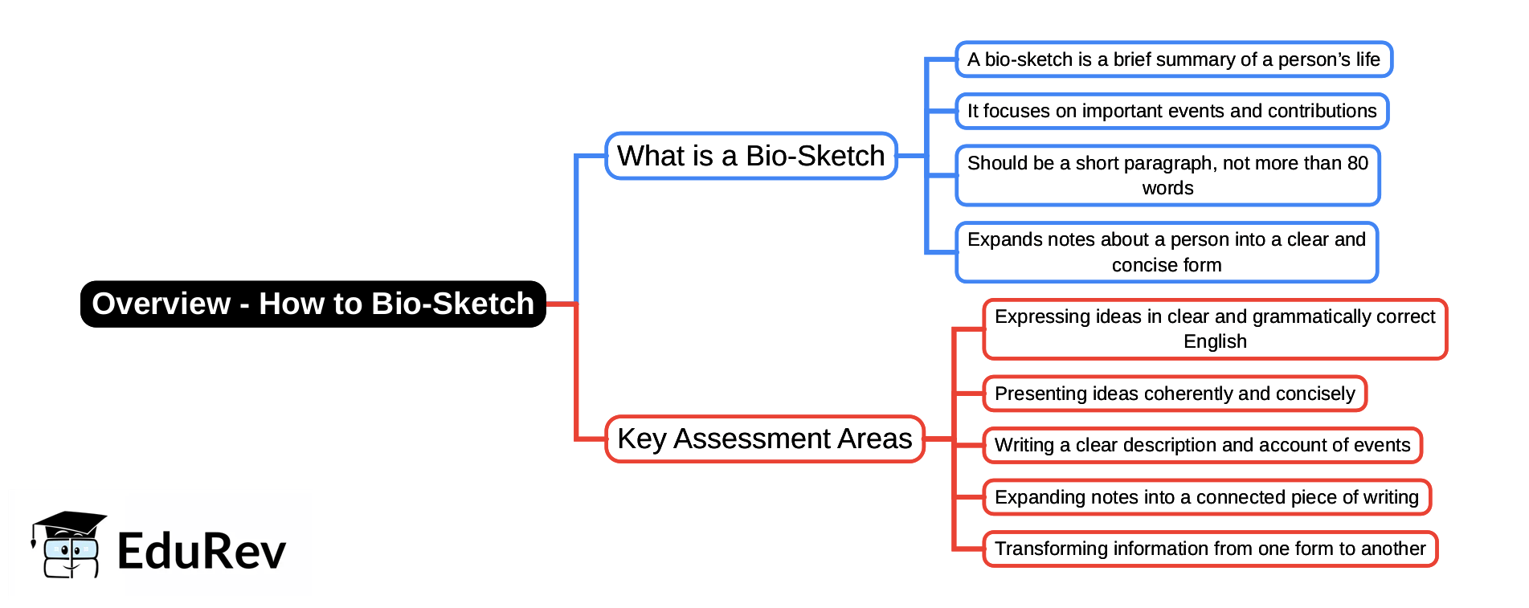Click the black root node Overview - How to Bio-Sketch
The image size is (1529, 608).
pyautogui.click(x=313, y=304)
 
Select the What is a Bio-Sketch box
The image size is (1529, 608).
pyautogui.click(x=750, y=156)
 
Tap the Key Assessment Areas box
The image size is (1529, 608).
pyautogui.click(x=764, y=439)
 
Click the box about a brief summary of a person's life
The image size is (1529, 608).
pyautogui.click(x=1173, y=59)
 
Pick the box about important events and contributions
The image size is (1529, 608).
pyautogui.click(x=1171, y=111)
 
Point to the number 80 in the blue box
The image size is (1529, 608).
pyautogui.click(x=1357, y=163)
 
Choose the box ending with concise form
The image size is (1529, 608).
pyautogui.click(x=1167, y=252)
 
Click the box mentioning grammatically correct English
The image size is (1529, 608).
pyautogui.click(x=1214, y=328)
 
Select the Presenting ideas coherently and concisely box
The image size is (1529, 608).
pyautogui.click(x=1174, y=394)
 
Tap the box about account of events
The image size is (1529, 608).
pyautogui.click(x=1202, y=445)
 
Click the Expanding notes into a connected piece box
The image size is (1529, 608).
pyautogui.click(x=1206, y=497)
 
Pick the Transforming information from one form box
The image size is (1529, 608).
pyautogui.click(x=1209, y=549)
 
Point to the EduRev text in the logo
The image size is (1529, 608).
pyautogui.click(x=201, y=552)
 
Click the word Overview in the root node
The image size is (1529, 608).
pyautogui.click(x=161, y=304)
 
